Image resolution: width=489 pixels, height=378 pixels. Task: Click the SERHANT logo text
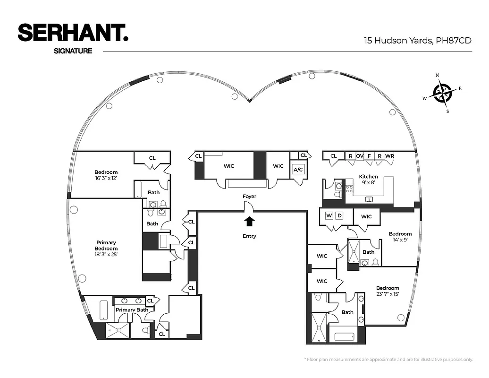pos(73,34)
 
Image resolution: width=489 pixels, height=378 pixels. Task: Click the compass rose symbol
pos(442,92)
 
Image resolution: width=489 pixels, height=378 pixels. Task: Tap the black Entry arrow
pos(249,221)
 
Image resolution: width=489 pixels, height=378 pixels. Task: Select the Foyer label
pos(249,196)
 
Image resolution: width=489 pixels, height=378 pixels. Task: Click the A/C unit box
pos(298,170)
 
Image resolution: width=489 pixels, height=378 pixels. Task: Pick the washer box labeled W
pos(329,216)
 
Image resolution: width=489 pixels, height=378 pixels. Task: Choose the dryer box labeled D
pos(339,216)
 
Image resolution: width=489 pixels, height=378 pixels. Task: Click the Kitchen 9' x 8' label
pos(368,180)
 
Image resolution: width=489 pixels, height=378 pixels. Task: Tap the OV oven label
pos(360,156)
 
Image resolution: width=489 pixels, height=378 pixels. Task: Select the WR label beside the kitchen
pos(389,156)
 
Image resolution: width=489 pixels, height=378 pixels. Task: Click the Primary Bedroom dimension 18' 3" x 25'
pos(106,255)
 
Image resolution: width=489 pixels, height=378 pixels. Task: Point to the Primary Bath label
pos(132,310)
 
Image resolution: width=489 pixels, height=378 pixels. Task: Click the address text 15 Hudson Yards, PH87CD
pos(417,41)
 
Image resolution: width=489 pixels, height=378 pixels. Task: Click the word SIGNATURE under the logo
pos(73,51)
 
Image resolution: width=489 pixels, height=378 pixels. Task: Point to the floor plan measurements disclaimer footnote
pos(388,360)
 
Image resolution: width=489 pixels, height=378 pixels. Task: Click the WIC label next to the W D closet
pos(366,216)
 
